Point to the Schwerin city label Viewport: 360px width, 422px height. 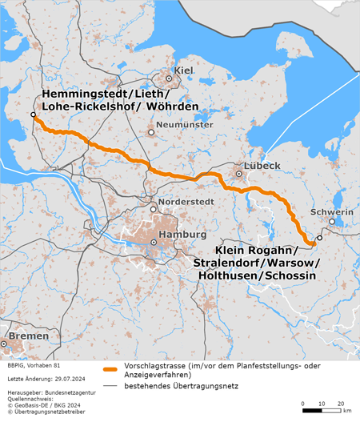point(336,211)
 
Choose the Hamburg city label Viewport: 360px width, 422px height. point(178,234)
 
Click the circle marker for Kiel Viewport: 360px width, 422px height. point(170,78)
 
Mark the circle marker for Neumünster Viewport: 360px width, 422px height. point(150,133)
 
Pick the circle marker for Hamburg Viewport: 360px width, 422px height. point(154,242)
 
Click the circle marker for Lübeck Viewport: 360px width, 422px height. point(238,173)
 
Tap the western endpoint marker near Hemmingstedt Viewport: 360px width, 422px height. point(34,115)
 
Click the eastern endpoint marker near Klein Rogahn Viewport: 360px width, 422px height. point(319,239)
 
